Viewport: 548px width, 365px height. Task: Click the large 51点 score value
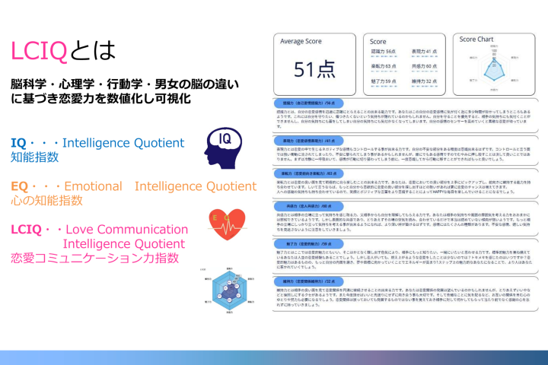pos(315,69)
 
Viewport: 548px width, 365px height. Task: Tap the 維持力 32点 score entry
pos(422,79)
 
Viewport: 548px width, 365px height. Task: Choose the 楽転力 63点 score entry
pos(383,66)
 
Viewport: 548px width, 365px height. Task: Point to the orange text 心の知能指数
pos(47,201)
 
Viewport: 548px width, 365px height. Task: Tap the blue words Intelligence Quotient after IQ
pos(123,143)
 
